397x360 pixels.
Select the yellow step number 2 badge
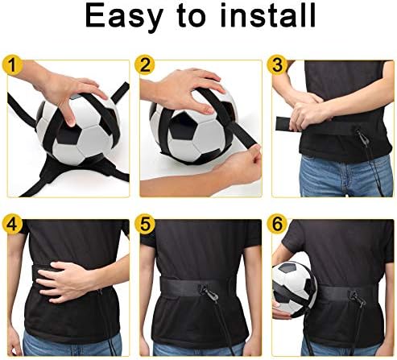point(146,65)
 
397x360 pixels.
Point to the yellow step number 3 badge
point(278,65)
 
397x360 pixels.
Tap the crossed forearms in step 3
point(314,117)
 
